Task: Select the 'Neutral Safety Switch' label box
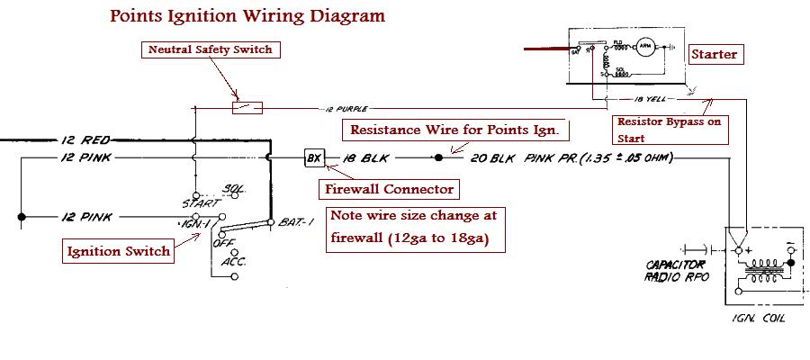[x=209, y=49]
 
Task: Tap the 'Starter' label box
[x=715, y=55]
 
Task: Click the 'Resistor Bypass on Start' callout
[x=670, y=130]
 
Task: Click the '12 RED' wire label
[x=85, y=140]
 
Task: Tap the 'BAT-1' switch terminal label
[x=292, y=220]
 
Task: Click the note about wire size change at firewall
[x=413, y=229]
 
